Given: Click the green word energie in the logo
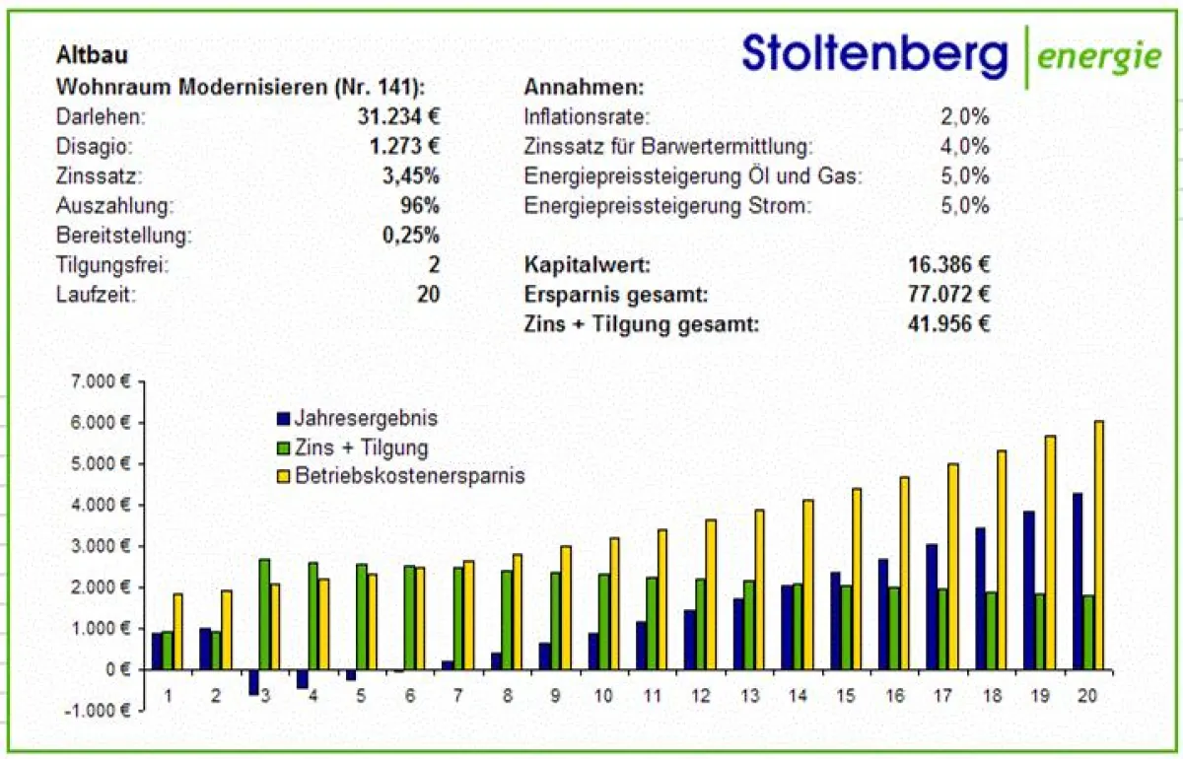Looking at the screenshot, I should coord(1099,56).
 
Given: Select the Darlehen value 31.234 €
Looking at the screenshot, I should coord(398,116).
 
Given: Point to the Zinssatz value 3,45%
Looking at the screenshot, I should coord(411,176).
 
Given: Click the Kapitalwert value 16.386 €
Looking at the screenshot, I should coord(948,264).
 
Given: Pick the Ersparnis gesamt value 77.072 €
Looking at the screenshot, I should coord(948,294).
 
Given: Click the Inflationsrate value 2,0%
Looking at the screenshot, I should coord(964,117).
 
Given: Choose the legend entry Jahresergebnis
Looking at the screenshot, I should coord(365,419).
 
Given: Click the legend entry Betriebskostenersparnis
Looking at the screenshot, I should coord(409,476).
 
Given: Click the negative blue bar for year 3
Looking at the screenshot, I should coord(253,681).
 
